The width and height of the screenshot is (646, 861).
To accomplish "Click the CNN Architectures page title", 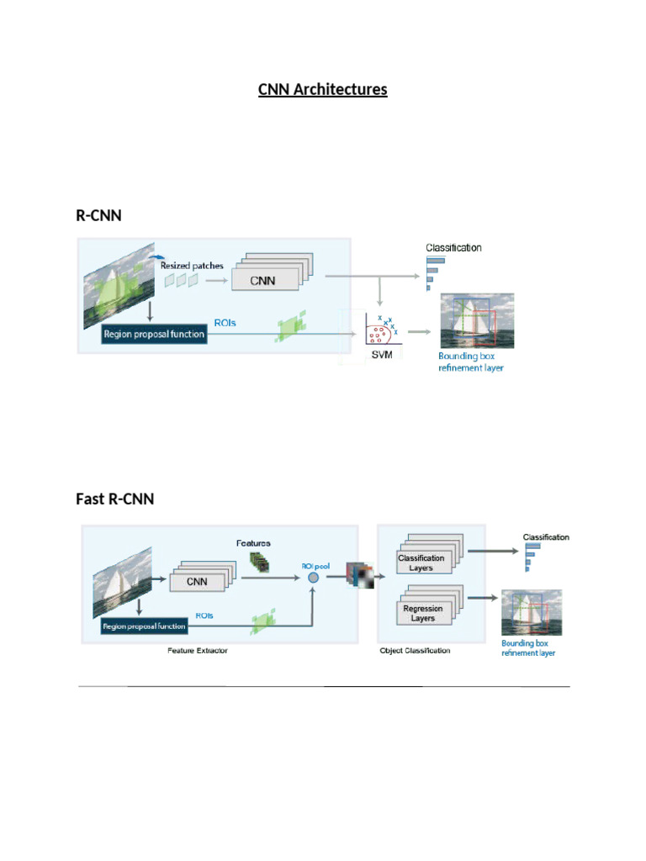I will pos(322,89).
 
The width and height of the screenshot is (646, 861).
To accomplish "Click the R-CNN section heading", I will pos(98,215).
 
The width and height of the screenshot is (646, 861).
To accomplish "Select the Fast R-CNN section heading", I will pos(114,499).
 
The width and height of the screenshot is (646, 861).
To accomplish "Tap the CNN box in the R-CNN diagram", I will pos(265,279).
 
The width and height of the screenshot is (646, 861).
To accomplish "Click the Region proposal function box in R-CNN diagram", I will pos(153,334).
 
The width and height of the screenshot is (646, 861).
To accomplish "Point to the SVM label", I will pos(383,356).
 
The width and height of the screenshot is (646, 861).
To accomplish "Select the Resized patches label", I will pos(192,265).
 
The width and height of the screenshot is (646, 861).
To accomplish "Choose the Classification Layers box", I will pos(421,563).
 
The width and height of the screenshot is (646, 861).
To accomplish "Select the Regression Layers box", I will pos(422,614).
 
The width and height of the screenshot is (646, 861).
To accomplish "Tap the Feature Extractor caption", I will pos(198,650).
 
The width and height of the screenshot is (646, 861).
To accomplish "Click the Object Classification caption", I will pos(415,650).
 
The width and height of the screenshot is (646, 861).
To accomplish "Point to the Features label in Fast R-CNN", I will pos(253,543).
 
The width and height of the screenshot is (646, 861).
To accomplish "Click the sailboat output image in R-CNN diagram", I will pos(478,320).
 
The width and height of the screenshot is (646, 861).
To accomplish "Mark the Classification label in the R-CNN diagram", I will pos(453,248).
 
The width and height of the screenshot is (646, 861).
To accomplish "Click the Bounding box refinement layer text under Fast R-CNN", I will pos(528,647).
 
